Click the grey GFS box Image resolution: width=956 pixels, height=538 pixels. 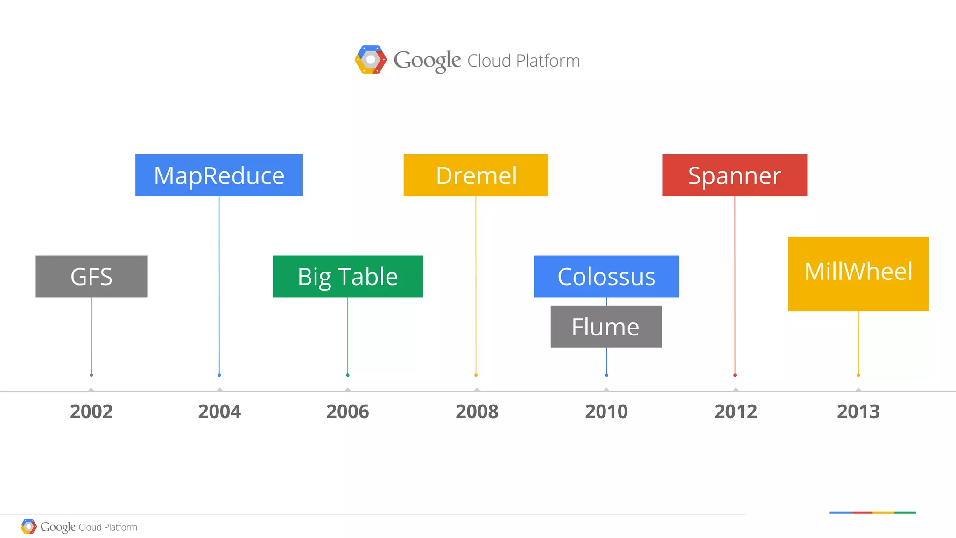(x=91, y=276)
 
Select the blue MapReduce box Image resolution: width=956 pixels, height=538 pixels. (x=219, y=175)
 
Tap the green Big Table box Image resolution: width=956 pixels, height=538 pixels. (x=348, y=276)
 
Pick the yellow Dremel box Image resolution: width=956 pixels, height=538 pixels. (x=476, y=175)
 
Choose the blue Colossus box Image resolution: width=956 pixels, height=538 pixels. (x=606, y=276)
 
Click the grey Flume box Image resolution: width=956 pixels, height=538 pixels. (x=606, y=327)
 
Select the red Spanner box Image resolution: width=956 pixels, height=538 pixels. (x=735, y=175)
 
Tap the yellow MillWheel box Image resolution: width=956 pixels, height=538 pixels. (x=858, y=273)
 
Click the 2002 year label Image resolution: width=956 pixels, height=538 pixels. (x=91, y=412)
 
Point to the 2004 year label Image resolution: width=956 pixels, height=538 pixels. (x=219, y=412)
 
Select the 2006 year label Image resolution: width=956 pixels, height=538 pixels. (x=348, y=412)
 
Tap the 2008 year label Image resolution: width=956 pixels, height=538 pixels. (x=477, y=412)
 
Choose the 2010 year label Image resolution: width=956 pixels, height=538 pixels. (x=606, y=412)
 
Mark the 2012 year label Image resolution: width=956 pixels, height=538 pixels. (x=736, y=412)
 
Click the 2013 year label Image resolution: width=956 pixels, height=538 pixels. (x=858, y=412)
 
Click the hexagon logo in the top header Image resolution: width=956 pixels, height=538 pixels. (x=371, y=60)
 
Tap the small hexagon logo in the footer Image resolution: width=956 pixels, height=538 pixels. (x=28, y=527)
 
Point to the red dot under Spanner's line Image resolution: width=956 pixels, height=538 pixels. (x=735, y=375)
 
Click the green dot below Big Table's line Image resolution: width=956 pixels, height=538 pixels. (x=348, y=375)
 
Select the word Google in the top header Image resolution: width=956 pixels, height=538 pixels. (x=427, y=61)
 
